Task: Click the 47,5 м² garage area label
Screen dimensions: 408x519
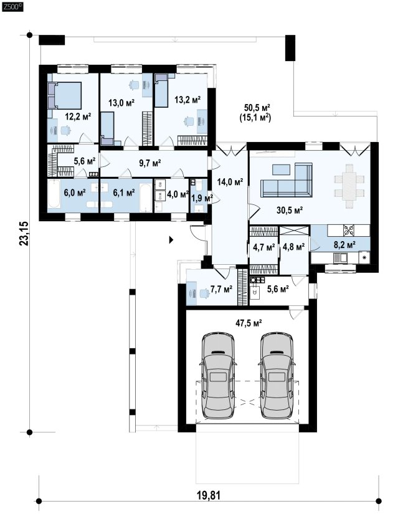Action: [249, 323]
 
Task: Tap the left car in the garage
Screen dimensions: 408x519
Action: [218, 375]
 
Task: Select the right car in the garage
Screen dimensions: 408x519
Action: [277, 375]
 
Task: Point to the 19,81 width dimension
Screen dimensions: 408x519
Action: [209, 495]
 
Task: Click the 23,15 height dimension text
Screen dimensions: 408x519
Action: [24, 234]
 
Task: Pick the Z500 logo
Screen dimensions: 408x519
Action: [12, 6]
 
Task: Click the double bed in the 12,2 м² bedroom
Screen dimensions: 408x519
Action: [65, 95]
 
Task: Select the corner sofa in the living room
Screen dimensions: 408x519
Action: [287, 179]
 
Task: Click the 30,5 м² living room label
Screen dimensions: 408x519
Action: [290, 209]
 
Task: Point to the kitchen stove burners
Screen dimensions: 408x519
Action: [349, 230]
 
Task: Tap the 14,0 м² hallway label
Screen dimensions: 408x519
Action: [230, 182]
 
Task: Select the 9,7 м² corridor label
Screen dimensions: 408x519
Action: [150, 163]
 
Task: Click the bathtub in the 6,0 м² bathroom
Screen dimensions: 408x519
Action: [54, 195]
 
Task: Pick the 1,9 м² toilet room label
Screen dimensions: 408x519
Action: [202, 198]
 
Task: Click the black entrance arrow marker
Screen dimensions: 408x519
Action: [171, 240]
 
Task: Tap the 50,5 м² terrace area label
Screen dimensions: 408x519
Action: [257, 107]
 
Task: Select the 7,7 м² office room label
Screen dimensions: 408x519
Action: [221, 289]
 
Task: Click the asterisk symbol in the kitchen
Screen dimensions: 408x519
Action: [364, 257]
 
